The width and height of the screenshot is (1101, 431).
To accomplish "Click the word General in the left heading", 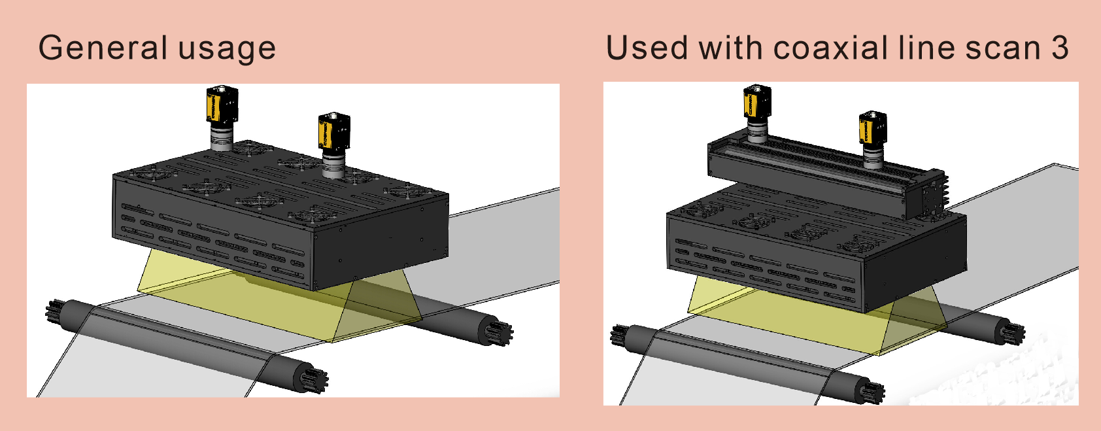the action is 103,48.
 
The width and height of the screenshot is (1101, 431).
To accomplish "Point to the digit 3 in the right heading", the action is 1060,48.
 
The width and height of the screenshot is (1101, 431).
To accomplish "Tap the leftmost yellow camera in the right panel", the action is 757,102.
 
